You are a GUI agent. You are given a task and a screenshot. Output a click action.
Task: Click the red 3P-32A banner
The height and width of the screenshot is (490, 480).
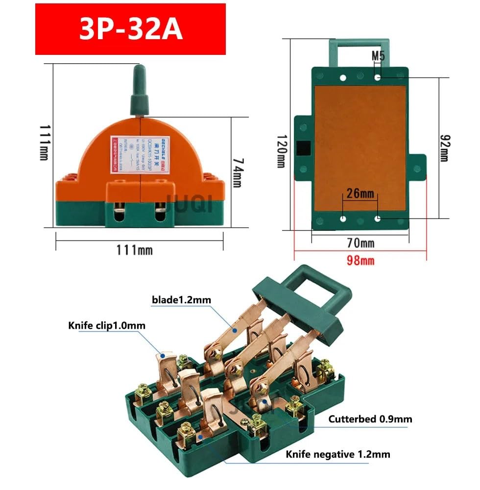point(130,29)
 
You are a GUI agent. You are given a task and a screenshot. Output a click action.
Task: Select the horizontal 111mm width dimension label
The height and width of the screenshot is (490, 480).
point(134,250)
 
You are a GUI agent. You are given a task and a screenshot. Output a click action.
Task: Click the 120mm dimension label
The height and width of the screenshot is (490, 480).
point(281,151)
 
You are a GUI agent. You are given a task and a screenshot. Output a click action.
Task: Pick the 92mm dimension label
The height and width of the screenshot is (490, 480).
point(443,147)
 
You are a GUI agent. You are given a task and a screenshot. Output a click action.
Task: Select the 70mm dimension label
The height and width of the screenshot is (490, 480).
point(360,243)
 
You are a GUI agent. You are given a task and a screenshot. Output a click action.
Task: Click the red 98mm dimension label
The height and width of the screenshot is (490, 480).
point(360,260)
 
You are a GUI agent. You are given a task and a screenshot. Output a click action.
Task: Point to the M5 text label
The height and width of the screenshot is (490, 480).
point(378,56)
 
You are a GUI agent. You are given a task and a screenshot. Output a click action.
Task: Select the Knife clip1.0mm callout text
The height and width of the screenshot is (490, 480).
point(107,325)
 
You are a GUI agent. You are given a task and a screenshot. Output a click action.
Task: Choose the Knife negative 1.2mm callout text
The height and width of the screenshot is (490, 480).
point(338,454)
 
